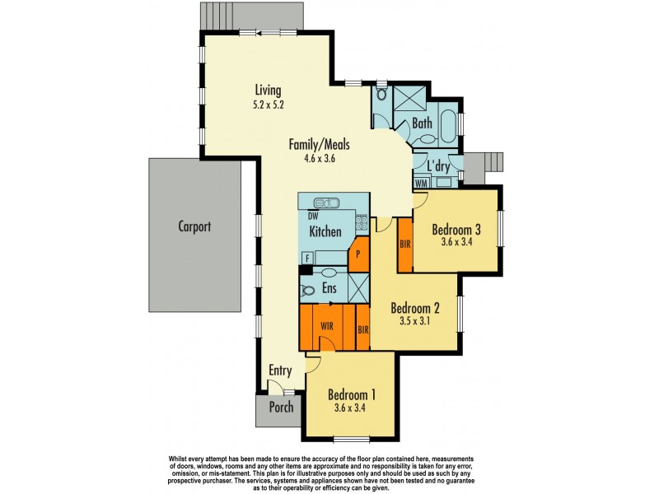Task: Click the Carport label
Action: point(194,226)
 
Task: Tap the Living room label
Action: point(268,91)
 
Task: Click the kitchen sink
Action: point(327,203)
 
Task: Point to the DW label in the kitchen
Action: point(313,216)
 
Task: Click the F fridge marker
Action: point(307,259)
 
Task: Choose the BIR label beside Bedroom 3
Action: point(404,245)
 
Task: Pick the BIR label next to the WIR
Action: point(362,330)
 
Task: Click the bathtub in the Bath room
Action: point(447,125)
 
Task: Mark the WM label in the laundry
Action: point(421,182)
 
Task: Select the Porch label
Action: point(281,407)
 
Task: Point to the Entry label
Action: point(280,371)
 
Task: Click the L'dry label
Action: point(439,165)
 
